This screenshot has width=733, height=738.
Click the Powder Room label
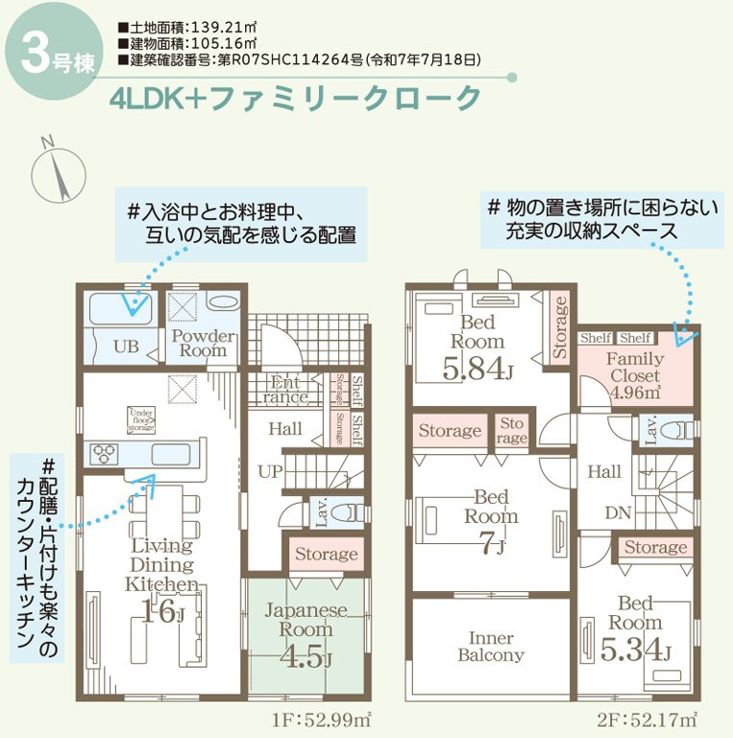(203, 343)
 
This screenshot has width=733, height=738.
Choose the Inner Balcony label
(491, 647)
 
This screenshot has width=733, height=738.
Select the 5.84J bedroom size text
(476, 366)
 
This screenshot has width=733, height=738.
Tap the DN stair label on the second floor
(618, 512)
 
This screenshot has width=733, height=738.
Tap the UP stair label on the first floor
(269, 471)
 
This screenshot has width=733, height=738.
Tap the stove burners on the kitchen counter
(105, 452)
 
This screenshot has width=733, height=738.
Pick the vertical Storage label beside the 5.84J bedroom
(562, 328)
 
